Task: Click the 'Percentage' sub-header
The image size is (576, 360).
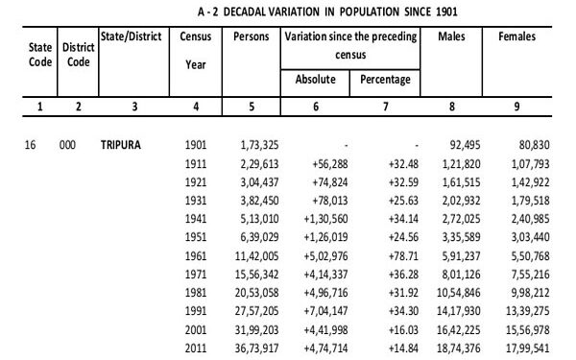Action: coord(384,79)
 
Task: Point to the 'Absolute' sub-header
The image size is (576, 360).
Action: coord(316,79)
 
